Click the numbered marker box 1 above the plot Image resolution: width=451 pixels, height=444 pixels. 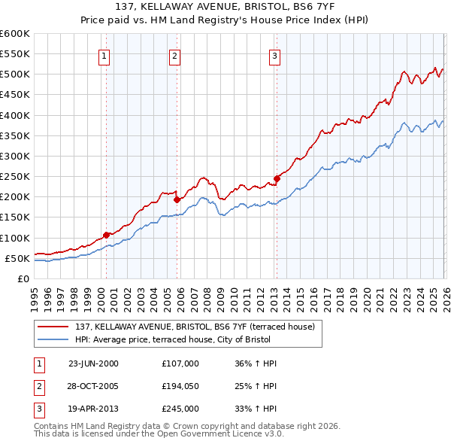tap(104, 55)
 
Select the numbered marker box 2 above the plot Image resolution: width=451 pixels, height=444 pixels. tap(174, 55)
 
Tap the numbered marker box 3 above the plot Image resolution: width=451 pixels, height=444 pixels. tap(274, 55)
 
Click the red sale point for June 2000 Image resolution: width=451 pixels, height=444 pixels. tap(106, 235)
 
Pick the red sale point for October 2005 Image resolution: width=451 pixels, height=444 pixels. tap(177, 199)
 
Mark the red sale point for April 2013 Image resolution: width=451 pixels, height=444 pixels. tap(277, 178)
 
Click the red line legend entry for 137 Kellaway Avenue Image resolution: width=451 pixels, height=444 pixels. tap(199, 327)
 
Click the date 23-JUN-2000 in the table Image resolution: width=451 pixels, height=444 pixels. tap(93, 363)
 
